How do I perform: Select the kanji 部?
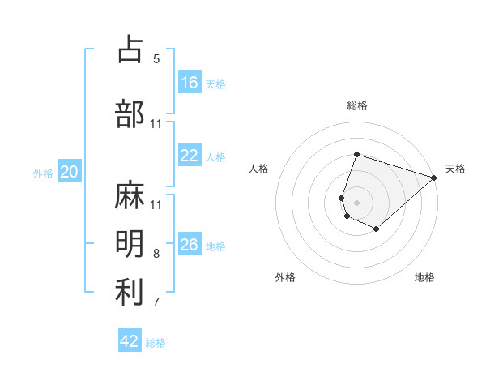pos(130,113)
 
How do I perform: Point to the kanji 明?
pos(130,244)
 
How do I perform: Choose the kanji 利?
pos(130,293)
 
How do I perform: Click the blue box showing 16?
pos(190,83)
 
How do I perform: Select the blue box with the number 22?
pos(190,156)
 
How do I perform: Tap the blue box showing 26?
pos(190,246)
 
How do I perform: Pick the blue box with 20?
pos(70,172)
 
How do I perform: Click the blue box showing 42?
pos(130,341)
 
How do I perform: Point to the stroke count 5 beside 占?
pos(156,59)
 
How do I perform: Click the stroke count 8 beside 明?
pos(156,254)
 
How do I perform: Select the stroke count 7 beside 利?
pos(156,302)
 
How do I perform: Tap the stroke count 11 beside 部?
pos(156,124)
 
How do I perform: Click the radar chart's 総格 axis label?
pos(356,105)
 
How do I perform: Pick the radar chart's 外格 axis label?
pos(285,277)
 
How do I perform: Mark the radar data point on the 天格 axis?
pos(434,178)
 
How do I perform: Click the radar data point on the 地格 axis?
pos(377,229)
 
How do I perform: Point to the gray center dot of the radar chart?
pos(356,202)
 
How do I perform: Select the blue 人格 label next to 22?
pos(215,157)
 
